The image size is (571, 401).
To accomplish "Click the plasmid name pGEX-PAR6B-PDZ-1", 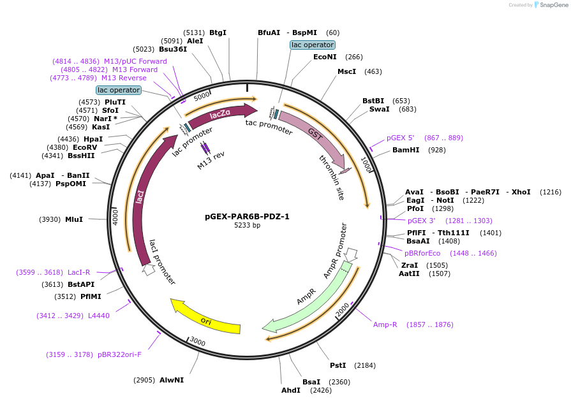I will (x=247, y=216).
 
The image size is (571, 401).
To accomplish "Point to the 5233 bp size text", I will (x=247, y=226).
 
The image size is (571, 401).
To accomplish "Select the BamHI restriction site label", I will (x=406, y=150).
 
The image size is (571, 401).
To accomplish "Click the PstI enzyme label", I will (x=337, y=365).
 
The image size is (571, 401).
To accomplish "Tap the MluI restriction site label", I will (x=74, y=219).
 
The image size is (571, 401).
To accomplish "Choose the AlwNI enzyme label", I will (x=172, y=380).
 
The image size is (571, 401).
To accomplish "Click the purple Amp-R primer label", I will (x=385, y=324).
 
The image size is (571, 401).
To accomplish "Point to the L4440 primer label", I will (x=99, y=316).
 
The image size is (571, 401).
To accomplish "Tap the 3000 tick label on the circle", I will (x=198, y=342).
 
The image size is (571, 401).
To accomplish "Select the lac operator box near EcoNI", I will (x=312, y=45).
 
